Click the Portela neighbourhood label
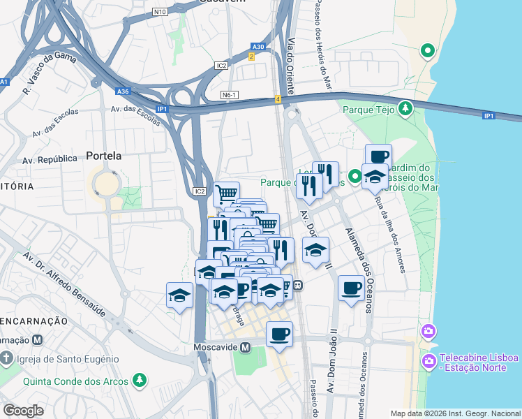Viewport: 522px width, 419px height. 103,156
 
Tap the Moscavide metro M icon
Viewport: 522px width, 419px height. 246,347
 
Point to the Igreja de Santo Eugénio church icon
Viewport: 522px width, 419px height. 6,359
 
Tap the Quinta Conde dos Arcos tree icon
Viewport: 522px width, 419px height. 140,381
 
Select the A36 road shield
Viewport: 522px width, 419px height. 123,91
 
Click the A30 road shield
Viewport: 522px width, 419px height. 258,47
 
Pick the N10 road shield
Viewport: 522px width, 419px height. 161,12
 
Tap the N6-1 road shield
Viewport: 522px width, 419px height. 230,95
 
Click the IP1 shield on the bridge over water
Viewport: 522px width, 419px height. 489,115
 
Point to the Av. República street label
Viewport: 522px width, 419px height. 49,159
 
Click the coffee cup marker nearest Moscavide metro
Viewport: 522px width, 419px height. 279,335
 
